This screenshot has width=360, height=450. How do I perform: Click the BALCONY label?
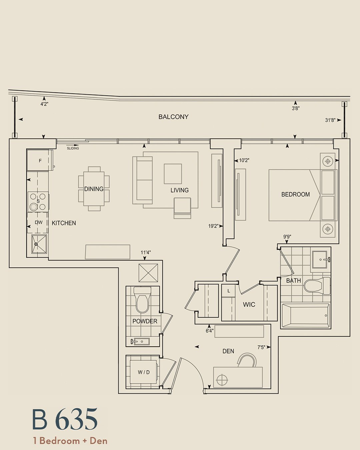click(173, 117)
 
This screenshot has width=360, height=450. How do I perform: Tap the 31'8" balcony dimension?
click(330, 120)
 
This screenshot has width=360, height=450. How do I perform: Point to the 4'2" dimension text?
click(44, 104)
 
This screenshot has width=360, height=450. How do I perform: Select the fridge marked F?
click(40, 160)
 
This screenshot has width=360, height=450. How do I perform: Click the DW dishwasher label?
click(38, 222)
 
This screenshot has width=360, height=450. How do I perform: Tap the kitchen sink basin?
click(39, 244)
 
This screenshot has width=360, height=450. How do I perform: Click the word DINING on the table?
click(94, 189)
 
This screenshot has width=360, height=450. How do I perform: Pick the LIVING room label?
click(179, 190)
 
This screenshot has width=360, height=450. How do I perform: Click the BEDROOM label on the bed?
click(295, 194)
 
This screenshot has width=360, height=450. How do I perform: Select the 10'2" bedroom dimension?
click(244, 161)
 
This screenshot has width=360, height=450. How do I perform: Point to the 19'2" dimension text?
click(213, 226)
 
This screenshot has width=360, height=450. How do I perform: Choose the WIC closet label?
click(249, 304)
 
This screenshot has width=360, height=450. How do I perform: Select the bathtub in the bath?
click(306, 316)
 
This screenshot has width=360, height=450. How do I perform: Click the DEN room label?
click(228, 351)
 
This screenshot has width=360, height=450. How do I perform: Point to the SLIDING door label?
click(73, 148)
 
